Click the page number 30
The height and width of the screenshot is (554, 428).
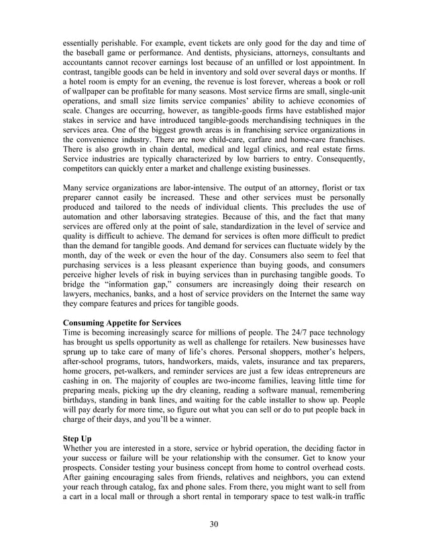pos(214,524)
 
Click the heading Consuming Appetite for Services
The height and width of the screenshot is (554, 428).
pos(121,322)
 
